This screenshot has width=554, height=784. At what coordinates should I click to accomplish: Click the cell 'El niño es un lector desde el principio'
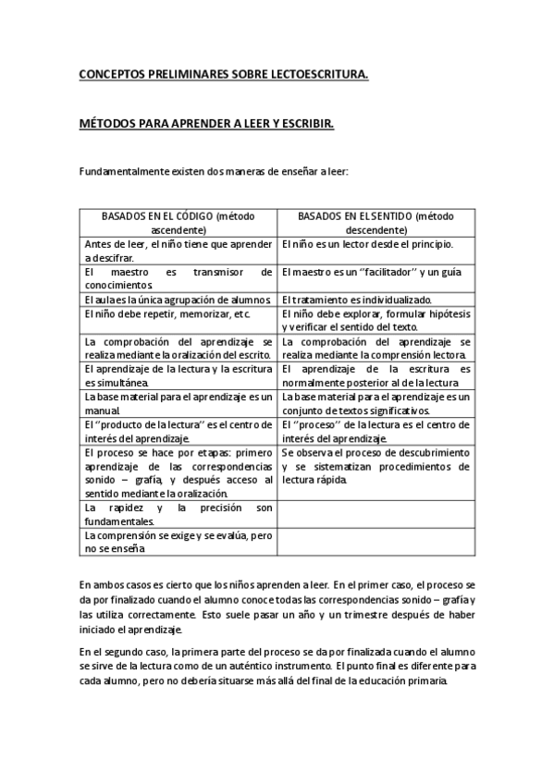(x=367, y=245)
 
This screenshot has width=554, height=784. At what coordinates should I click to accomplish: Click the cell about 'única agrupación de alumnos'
(x=177, y=300)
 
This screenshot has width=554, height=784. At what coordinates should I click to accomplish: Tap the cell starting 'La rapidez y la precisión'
(x=177, y=514)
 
